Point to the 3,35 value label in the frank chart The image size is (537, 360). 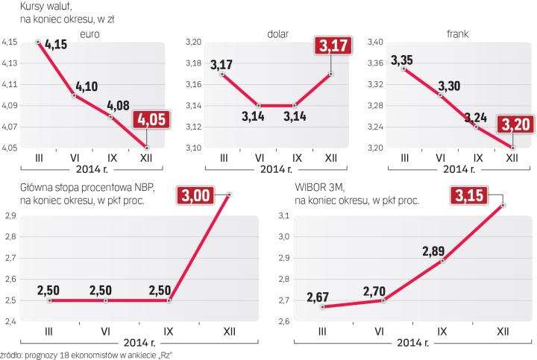coord(402,59)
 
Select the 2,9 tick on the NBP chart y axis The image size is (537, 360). coord(10,215)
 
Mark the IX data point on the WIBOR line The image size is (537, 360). coord(443,261)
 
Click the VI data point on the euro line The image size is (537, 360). coord(75,95)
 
